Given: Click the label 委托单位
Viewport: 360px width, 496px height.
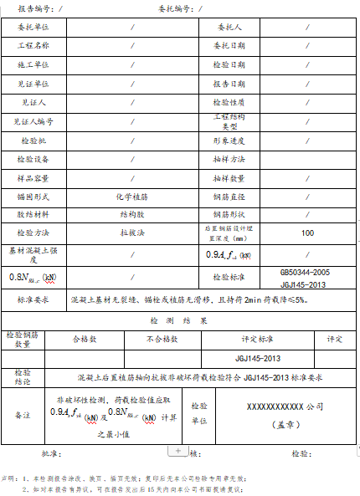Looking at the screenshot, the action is click(x=34, y=28).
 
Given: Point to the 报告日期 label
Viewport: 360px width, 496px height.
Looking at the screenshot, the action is click(x=229, y=84).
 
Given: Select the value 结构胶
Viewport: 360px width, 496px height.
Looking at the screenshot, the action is click(x=133, y=214).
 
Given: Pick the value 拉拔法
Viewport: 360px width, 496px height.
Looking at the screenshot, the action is click(x=133, y=233).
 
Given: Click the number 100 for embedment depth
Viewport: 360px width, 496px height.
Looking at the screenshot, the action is click(x=307, y=233).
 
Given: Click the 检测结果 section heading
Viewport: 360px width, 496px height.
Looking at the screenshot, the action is click(x=179, y=320).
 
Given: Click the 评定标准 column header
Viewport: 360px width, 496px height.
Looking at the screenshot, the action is click(x=258, y=339).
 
